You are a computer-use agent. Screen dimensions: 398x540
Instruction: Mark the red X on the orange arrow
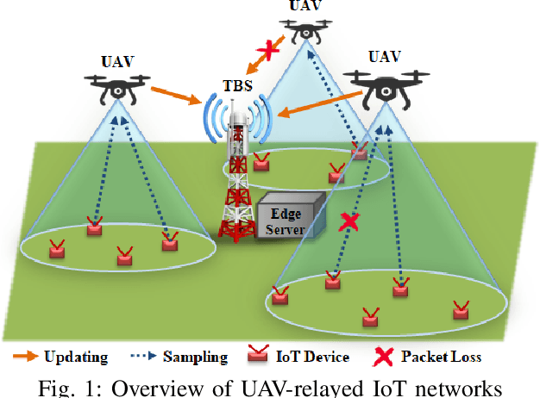269,51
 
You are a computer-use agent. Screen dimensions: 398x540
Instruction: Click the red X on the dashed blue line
348,222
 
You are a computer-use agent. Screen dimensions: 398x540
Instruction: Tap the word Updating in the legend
76,357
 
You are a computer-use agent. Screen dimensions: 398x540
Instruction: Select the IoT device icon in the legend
257,355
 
